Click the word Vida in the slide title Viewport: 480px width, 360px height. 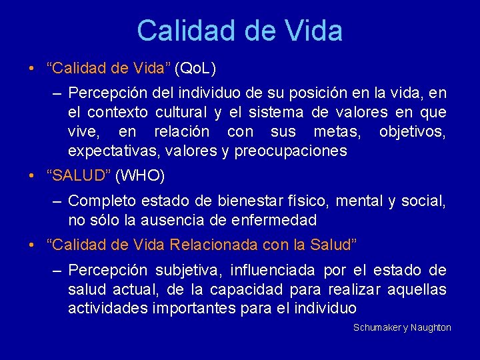[313, 31]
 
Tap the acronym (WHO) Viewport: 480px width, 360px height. [140, 176]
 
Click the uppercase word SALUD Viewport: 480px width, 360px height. [79, 176]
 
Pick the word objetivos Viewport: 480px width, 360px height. [413, 131]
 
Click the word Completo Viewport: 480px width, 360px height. [99, 201]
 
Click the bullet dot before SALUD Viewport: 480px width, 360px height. [32, 176]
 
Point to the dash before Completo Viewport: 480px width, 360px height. [57, 201]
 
